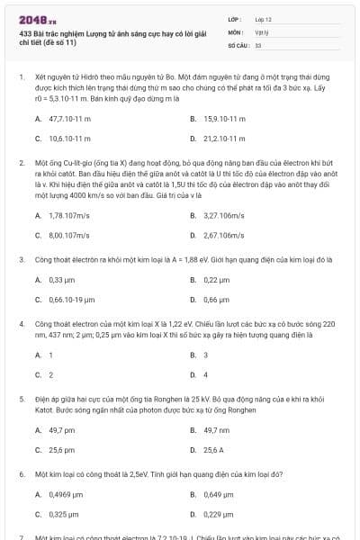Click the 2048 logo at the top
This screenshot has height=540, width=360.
point(32,18)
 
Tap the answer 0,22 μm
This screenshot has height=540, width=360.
point(217,280)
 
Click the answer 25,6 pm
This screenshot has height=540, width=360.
point(61,449)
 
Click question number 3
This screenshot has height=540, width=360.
point(21,258)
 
